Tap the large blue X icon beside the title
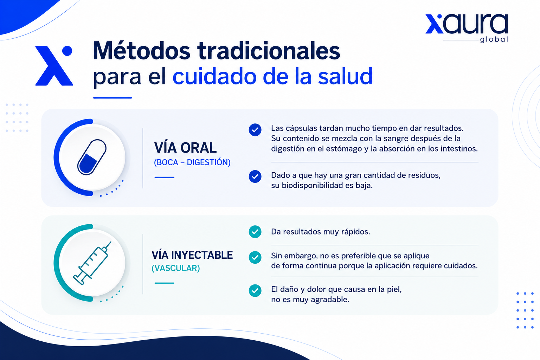click(54, 66)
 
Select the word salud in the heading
click(345, 76)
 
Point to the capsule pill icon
click(92, 157)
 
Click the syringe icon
click(92, 263)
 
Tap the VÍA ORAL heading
click(185, 148)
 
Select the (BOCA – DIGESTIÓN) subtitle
click(192, 162)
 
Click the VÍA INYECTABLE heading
click(192, 255)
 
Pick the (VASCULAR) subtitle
click(176, 268)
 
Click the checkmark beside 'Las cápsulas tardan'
click(255, 130)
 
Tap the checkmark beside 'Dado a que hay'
click(255, 176)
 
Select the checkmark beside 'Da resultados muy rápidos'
click(255, 232)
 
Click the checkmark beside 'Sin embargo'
click(255, 258)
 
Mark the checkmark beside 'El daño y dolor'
click(255, 290)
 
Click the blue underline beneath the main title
click(112, 98)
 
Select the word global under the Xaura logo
click(494, 39)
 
